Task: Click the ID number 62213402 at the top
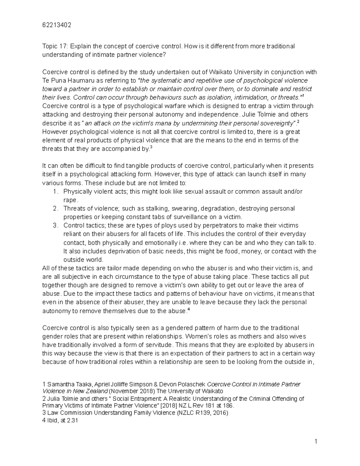(x=57, y=25)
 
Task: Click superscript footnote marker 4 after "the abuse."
(x=189, y=309)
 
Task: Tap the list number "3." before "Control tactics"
(x=55, y=225)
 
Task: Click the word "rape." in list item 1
(x=70, y=200)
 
